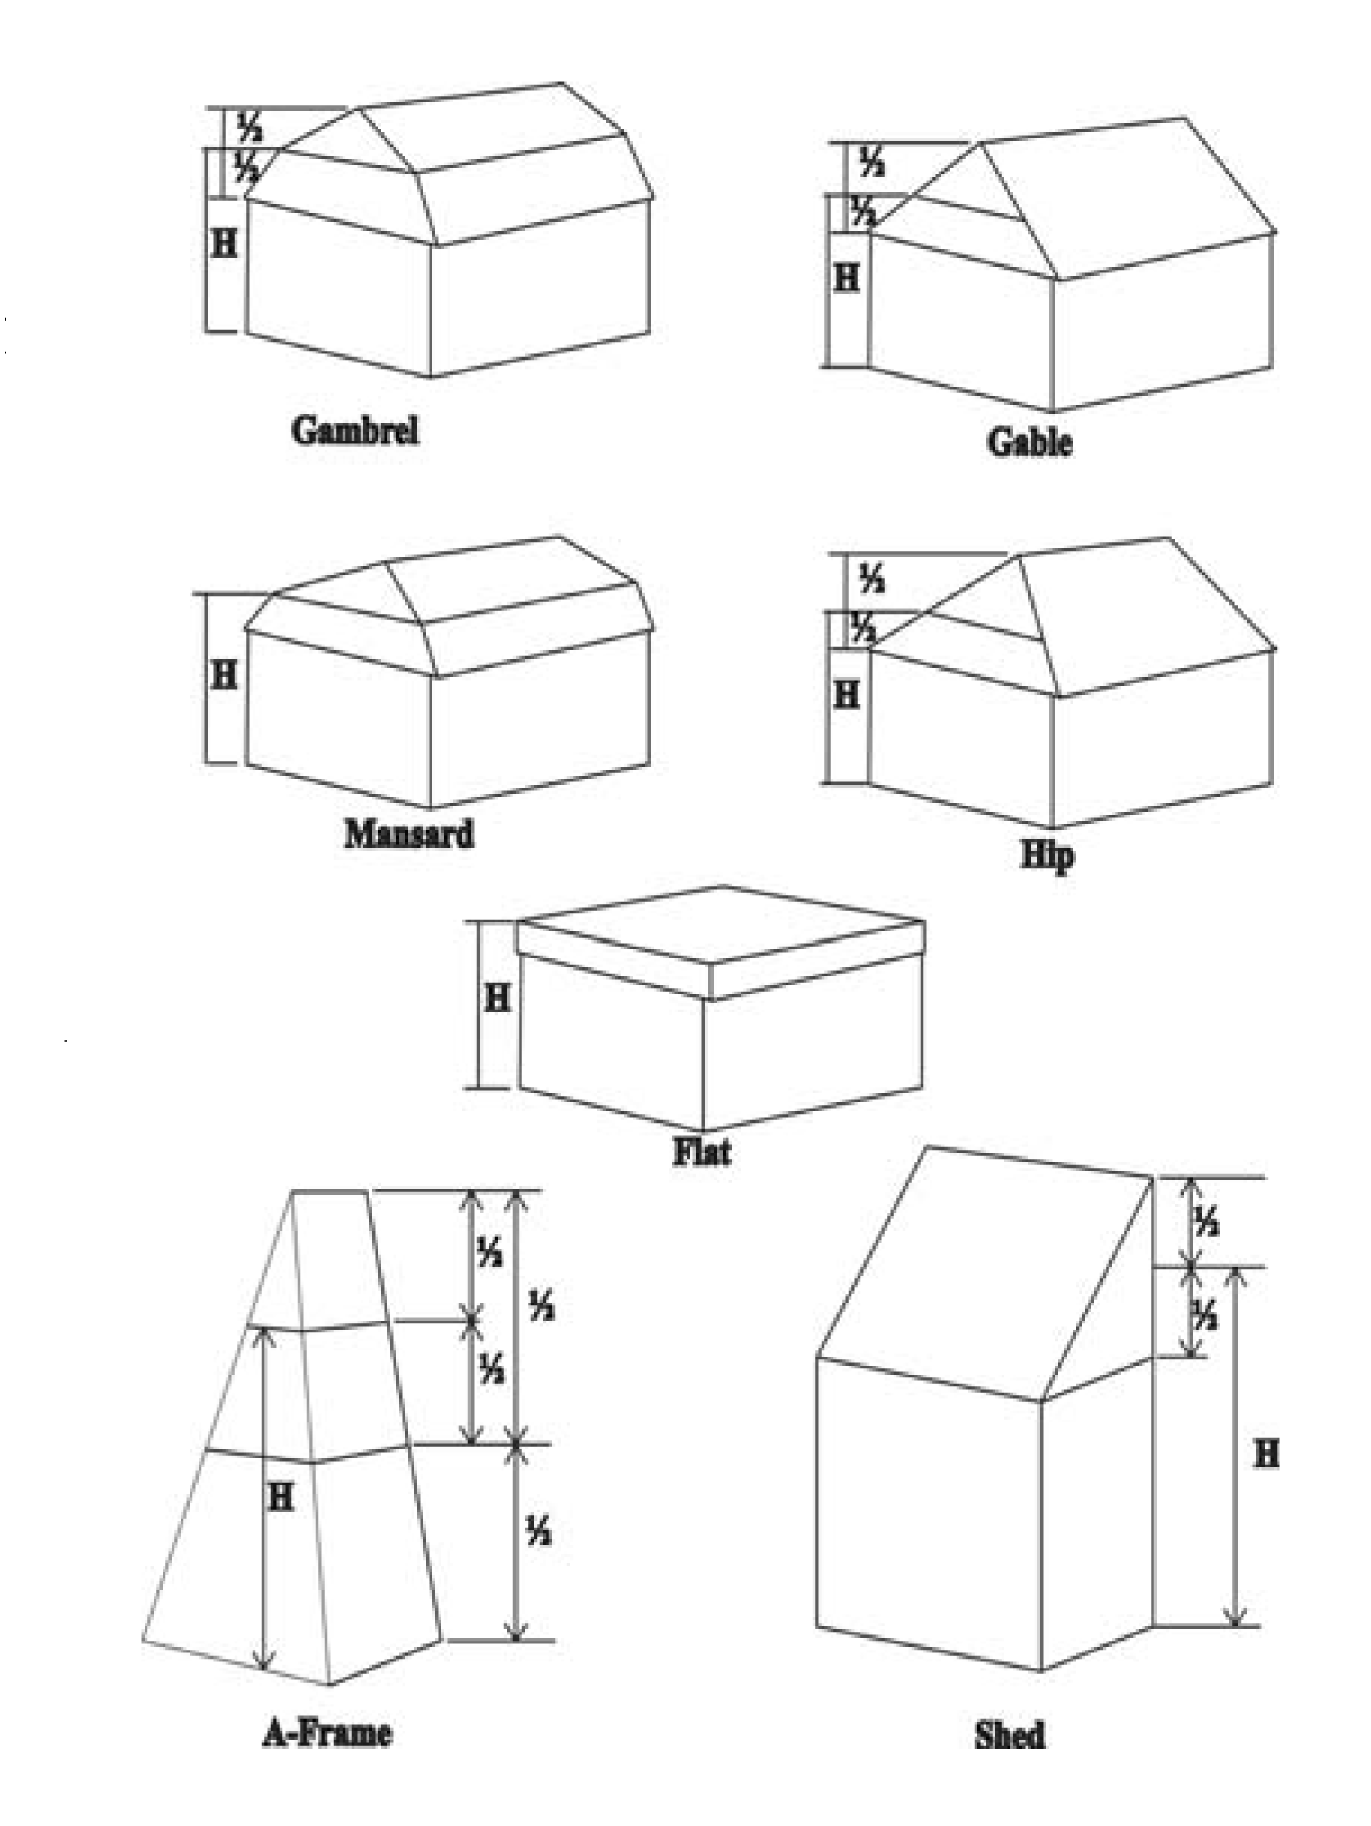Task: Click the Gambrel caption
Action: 355,430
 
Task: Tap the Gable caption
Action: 1029,441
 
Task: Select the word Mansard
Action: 409,833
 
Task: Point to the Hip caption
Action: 1047,855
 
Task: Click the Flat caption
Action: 702,1152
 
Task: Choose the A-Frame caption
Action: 327,1732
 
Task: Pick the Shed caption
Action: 1010,1733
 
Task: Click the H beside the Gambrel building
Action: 224,242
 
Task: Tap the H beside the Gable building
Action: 847,279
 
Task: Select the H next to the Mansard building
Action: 224,673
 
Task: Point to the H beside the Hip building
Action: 847,694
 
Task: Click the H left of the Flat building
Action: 497,997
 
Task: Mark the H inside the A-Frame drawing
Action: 280,1497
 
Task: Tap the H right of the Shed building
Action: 1266,1454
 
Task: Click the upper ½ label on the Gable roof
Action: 871,163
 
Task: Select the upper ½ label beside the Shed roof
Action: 1206,1222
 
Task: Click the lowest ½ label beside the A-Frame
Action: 539,1531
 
